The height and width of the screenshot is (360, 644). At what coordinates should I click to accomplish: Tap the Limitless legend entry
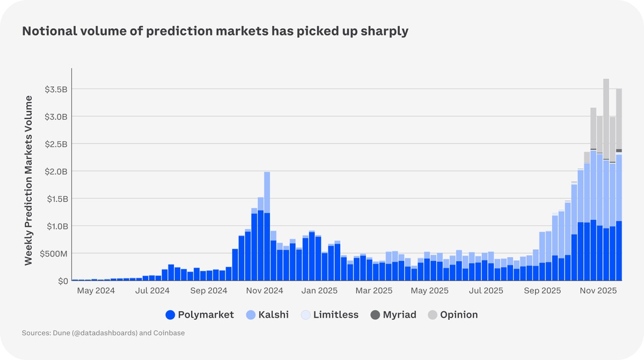click(329, 315)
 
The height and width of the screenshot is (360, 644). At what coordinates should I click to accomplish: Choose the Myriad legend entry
click(393, 315)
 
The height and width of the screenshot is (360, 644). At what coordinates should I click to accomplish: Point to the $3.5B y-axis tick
click(56, 89)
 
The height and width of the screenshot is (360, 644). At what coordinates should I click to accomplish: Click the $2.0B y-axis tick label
click(56, 171)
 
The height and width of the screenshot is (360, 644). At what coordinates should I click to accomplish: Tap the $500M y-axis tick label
click(55, 253)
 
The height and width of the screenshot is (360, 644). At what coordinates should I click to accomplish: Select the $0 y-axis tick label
click(62, 281)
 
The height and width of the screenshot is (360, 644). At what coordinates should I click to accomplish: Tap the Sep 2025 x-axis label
click(543, 291)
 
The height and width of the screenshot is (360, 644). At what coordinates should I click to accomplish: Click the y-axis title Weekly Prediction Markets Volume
click(29, 180)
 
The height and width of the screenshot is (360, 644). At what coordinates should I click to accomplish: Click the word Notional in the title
click(47, 31)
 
